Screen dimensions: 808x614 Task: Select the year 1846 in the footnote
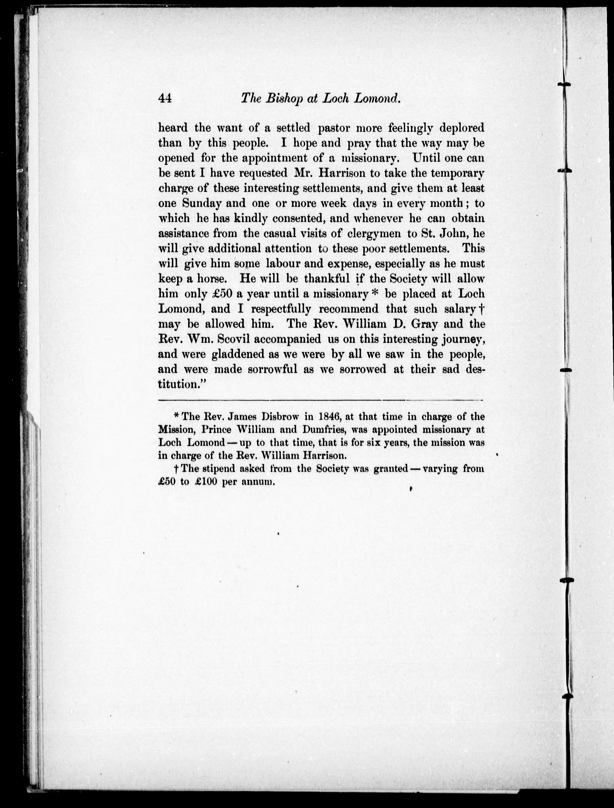(x=329, y=417)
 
